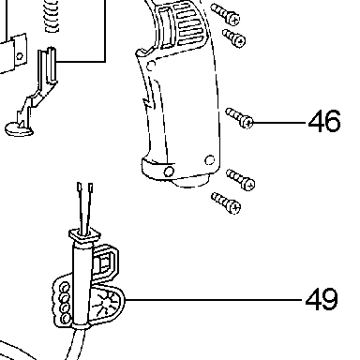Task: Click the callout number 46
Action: click(324, 121)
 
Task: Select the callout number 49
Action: click(322, 299)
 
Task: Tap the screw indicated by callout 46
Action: click(239, 117)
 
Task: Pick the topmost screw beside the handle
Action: click(225, 14)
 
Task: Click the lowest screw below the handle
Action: click(226, 203)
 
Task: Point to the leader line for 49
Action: click(215, 300)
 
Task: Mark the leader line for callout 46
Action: click(279, 123)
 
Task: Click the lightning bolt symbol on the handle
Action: click(148, 102)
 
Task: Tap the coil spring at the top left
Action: click(52, 16)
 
